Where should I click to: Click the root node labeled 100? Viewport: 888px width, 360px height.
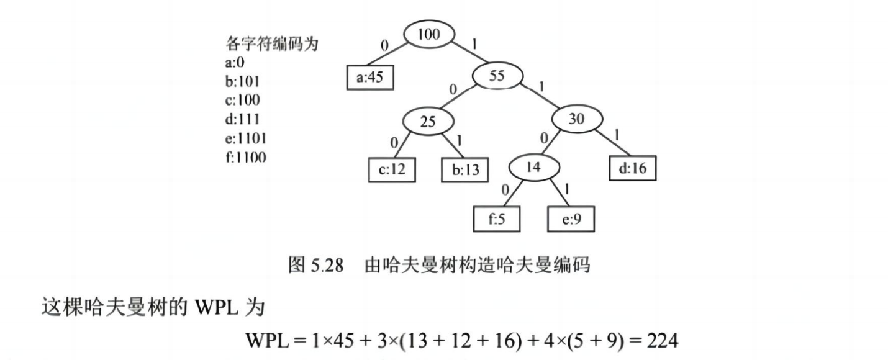pos(428,35)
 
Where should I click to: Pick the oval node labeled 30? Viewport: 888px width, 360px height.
pos(577,119)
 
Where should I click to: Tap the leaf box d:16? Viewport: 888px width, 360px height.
pos(632,168)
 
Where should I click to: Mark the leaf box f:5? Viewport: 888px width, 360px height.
pos(496,218)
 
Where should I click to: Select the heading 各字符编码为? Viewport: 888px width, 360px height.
pos(271,44)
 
